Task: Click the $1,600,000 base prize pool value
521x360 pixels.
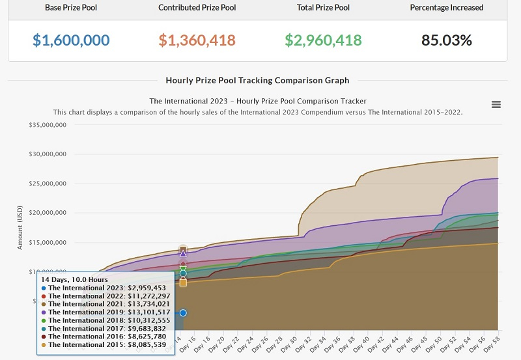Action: [71, 40]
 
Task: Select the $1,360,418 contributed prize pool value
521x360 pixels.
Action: [197, 40]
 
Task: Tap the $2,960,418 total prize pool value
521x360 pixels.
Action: [323, 40]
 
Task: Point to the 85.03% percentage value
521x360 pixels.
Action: [447, 40]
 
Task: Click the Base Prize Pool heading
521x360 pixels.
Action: [71, 8]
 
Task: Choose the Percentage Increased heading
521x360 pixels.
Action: [447, 8]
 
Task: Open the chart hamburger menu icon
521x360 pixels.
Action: [496, 105]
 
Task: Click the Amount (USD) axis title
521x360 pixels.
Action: [20, 228]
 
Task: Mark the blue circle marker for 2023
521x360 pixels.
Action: [183, 313]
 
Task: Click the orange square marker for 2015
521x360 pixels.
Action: [183, 283]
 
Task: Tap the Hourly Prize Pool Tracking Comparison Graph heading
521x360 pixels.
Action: [257, 81]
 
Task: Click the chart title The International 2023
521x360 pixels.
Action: [257, 101]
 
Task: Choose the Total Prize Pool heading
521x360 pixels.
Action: [323, 8]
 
